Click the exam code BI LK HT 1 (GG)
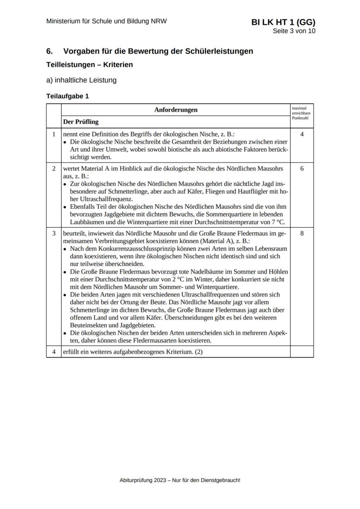283,23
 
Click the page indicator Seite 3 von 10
294,31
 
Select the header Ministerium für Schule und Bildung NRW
107,21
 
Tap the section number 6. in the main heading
50,51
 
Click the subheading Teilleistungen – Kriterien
90,65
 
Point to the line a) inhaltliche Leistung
81,80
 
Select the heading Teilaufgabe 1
67,96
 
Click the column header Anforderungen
176,110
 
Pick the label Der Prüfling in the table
81,122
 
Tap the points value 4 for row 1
302,134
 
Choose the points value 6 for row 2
302,168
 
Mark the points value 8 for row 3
302,233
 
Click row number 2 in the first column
54,168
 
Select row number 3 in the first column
54,233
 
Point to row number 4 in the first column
54,351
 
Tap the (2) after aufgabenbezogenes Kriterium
199,351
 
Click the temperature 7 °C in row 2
276,222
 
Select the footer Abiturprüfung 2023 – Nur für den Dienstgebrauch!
180,480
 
